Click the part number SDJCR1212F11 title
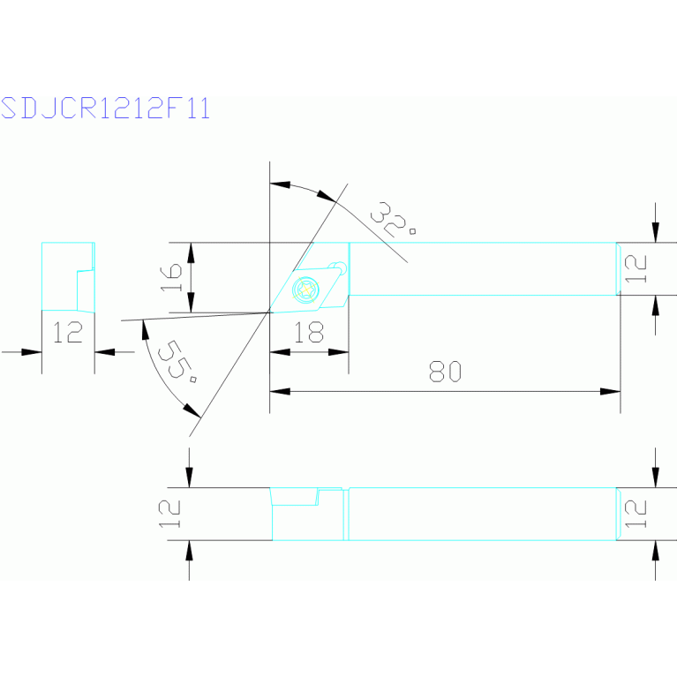(x=105, y=108)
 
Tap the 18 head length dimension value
(x=308, y=332)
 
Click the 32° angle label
(x=394, y=220)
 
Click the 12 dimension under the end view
(x=67, y=332)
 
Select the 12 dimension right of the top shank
(x=635, y=268)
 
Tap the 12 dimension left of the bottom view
(x=171, y=513)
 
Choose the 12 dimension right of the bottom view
(x=635, y=513)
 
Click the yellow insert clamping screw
(x=306, y=289)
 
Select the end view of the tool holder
(x=68, y=276)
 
